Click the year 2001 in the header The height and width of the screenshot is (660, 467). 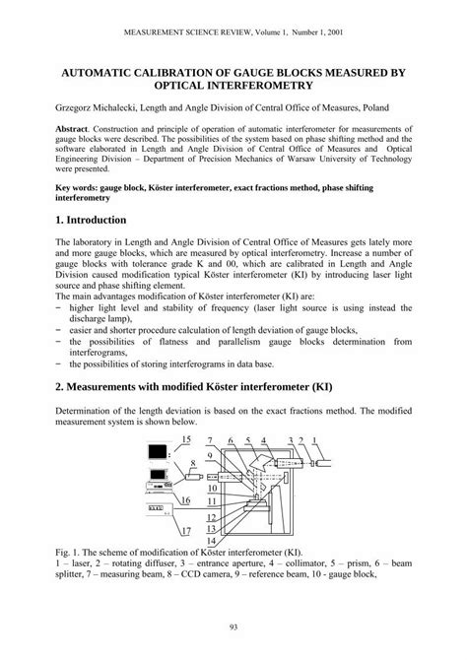click(x=333, y=31)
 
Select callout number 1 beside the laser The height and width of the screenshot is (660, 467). click(x=315, y=439)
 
